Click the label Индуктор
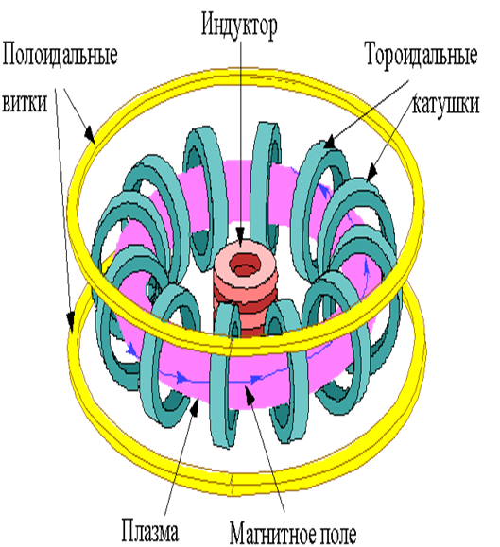[239, 26]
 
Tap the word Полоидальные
[60, 55]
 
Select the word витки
[25, 103]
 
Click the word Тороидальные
[422, 55]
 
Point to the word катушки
[445, 103]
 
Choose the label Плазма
[150, 531]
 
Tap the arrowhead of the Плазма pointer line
[195, 406]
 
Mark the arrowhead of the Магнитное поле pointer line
[249, 396]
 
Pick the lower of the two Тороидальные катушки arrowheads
[372, 172]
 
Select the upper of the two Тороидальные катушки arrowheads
[330, 143]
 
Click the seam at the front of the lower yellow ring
[232, 485]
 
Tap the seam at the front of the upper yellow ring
[231, 346]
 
